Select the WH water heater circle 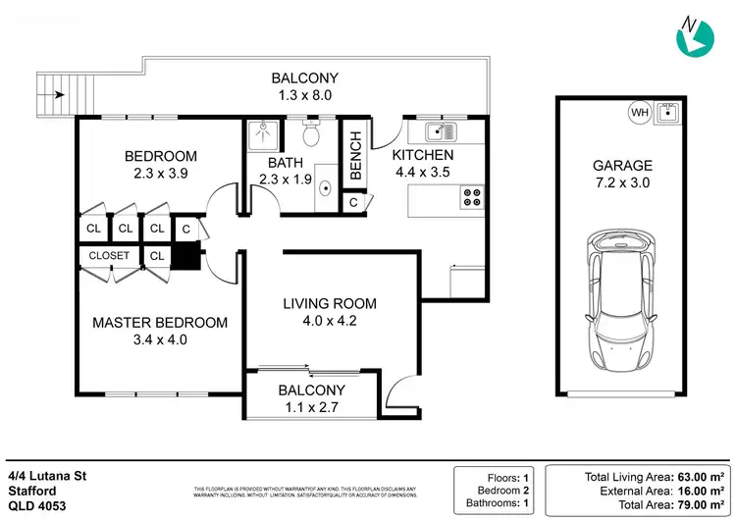[x=640, y=113]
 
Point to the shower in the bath [x=262, y=134]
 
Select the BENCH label [x=355, y=154]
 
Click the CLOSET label [x=109, y=255]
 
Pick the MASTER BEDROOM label [x=160, y=322]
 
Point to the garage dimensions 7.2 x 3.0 [x=623, y=183]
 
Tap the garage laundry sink [x=670, y=112]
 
